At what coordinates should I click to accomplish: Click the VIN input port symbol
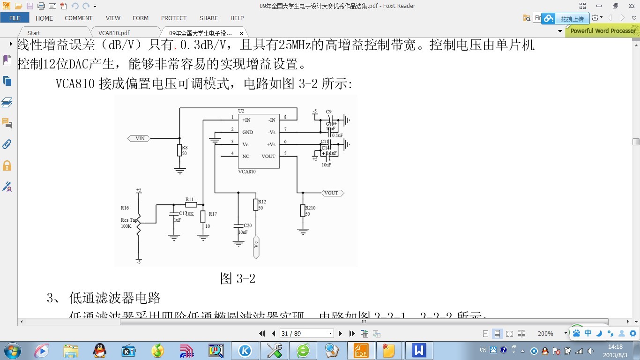pyautogui.click(x=139, y=138)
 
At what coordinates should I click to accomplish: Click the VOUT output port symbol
pyautogui.click(x=333, y=193)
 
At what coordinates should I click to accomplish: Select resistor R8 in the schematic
pyautogui.click(x=179, y=150)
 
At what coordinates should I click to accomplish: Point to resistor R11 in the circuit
pyautogui.click(x=190, y=205)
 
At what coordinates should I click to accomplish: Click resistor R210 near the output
pyautogui.click(x=303, y=211)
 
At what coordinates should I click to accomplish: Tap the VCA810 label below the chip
pyautogui.click(x=247, y=172)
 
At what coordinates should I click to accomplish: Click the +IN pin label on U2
pyautogui.click(x=246, y=120)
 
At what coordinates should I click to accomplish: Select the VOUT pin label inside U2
pyautogui.click(x=268, y=156)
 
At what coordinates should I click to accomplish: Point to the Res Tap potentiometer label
pyautogui.click(x=129, y=220)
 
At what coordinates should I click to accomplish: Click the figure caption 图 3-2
pyautogui.click(x=238, y=278)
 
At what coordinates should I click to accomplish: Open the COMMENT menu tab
pyautogui.click(x=78, y=18)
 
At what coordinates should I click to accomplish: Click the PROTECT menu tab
pyautogui.click(x=174, y=18)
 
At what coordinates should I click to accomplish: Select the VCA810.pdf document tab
pyautogui.click(x=114, y=33)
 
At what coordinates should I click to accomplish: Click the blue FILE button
pyautogui.click(x=15, y=18)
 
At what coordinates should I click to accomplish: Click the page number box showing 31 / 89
pyautogui.click(x=306, y=333)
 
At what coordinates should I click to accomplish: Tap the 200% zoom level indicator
pyautogui.click(x=545, y=333)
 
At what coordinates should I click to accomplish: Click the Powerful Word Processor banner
pyautogui.click(x=603, y=31)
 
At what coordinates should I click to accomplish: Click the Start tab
pyautogui.click(x=34, y=33)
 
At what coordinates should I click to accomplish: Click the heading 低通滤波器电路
pyautogui.click(x=115, y=298)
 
